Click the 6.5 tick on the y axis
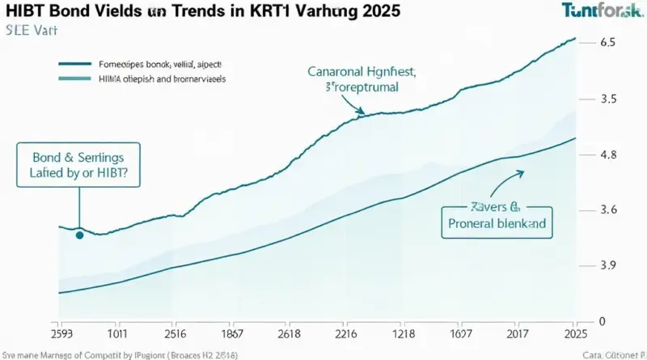click(608, 43)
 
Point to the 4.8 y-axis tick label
click(608, 155)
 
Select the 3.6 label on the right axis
click(608, 210)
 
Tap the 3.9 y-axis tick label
click(608, 265)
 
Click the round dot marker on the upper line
click(79, 235)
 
